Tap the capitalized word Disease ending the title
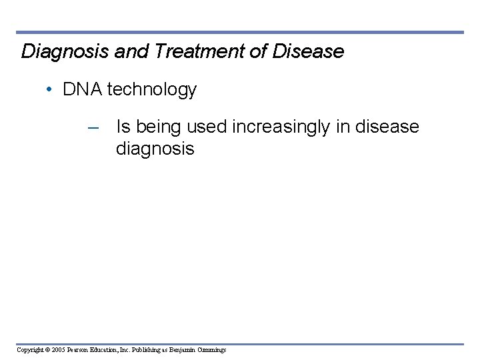[x=308, y=51]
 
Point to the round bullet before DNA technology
[x=51, y=90]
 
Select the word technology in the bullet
[x=151, y=90]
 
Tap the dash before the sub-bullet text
[x=93, y=127]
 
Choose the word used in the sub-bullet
[x=207, y=126]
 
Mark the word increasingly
[x=280, y=127]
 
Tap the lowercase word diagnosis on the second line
[x=155, y=149]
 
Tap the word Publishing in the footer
[x=139, y=350]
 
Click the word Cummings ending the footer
[x=211, y=350]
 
